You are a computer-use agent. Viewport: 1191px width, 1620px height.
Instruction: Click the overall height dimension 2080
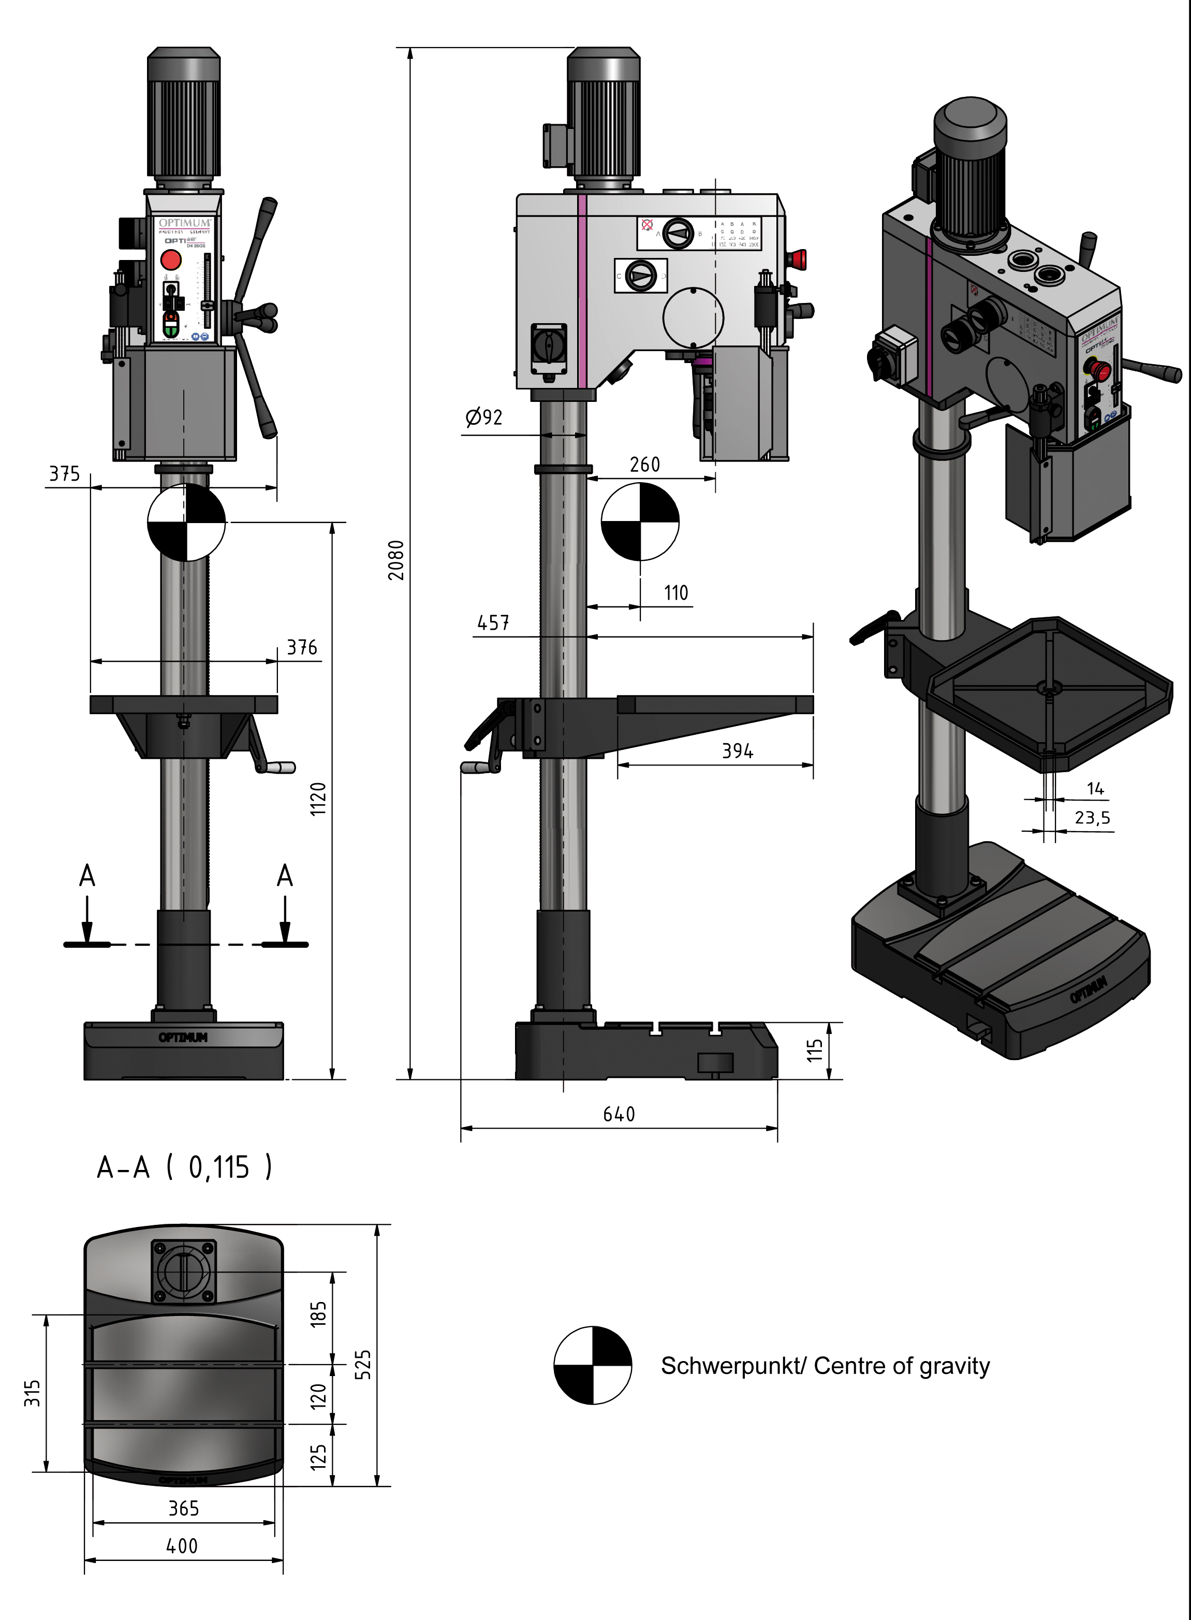(x=396, y=560)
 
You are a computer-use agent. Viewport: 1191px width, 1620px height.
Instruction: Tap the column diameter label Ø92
(x=484, y=417)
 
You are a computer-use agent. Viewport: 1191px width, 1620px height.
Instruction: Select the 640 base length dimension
(x=619, y=1115)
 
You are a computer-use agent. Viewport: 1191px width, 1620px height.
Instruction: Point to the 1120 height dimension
(x=318, y=799)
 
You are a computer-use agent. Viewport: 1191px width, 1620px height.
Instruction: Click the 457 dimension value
(x=493, y=623)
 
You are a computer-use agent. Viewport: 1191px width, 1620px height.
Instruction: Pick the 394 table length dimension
(x=738, y=751)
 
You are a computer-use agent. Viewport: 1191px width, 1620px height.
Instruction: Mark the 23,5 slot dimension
(x=1092, y=818)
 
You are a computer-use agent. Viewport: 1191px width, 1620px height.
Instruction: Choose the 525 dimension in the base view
(x=364, y=1364)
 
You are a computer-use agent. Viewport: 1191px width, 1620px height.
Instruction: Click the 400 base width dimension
(x=182, y=1546)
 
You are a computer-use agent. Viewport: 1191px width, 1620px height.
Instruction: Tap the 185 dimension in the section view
(x=318, y=1313)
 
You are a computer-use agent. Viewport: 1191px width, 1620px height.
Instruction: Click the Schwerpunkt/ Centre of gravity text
(x=825, y=1366)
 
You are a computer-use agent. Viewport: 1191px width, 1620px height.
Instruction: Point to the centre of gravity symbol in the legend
(x=593, y=1365)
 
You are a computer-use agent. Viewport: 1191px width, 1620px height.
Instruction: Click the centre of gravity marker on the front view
(x=186, y=522)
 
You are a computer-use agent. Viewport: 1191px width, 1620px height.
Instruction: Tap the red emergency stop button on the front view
(x=171, y=259)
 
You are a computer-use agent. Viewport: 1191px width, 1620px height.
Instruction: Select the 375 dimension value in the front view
(x=64, y=474)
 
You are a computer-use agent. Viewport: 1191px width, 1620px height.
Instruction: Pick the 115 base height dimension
(x=815, y=1050)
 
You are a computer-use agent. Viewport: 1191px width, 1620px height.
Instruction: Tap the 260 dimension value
(x=644, y=465)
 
